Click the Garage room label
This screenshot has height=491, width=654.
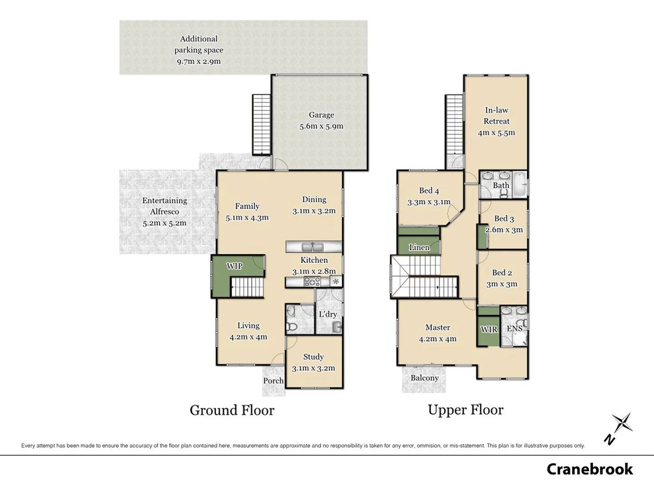[321, 115]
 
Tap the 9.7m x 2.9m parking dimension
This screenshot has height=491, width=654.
[198, 61]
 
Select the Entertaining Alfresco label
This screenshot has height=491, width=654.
[164, 206]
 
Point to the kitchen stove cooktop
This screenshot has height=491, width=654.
[312, 282]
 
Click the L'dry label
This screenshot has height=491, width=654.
[327, 314]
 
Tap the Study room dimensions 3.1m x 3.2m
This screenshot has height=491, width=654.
[313, 368]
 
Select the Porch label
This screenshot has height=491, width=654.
[273, 381]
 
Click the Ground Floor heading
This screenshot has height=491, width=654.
[232, 410]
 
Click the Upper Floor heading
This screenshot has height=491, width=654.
[466, 410]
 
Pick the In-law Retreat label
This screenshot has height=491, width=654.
[496, 115]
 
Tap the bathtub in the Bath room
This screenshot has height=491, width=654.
[520, 184]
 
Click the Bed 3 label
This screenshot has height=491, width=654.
[504, 219]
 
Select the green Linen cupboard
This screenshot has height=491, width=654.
[419, 247]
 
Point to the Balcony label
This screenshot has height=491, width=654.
[424, 378]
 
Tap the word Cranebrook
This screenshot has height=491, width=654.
[590, 469]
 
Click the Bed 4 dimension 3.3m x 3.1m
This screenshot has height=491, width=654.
[429, 202]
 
